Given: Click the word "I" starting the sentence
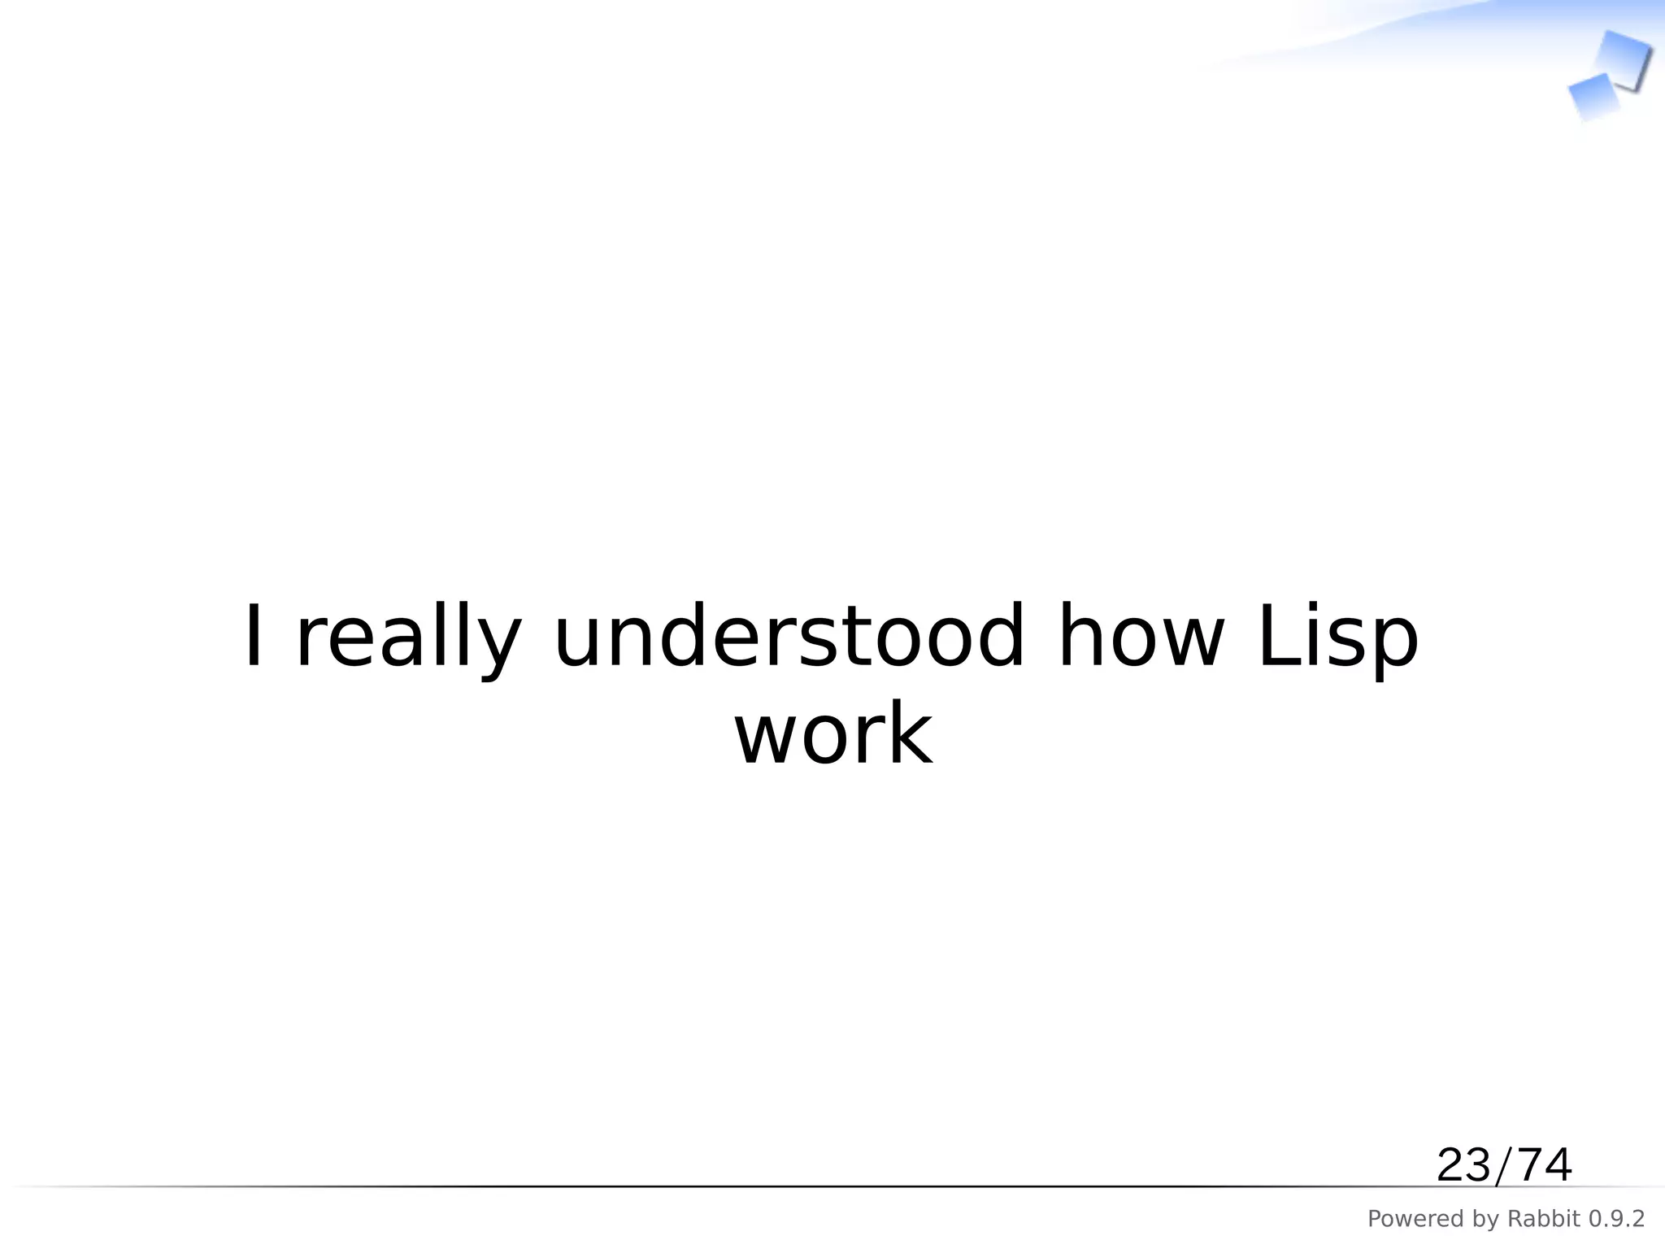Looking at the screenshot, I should click(254, 637).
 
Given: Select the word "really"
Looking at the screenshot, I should click(407, 638).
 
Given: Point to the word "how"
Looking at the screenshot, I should click(1141, 637).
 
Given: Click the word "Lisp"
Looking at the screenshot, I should click(1337, 638).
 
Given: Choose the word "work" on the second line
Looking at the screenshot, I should click(833, 734).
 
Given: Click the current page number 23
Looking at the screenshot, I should click(1464, 1165).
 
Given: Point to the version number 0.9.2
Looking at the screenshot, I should click(1617, 1219).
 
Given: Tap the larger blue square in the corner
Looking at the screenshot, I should click(1623, 59).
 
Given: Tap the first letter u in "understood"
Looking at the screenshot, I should click(577, 642).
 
